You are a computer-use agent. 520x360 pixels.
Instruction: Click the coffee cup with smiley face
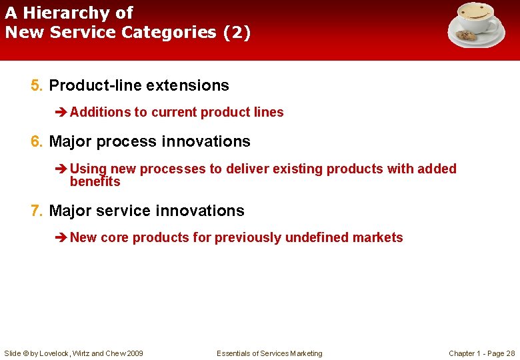click(x=475, y=19)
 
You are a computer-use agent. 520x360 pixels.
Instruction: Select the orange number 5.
click(x=36, y=85)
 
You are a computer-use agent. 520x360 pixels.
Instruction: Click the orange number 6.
click(x=36, y=141)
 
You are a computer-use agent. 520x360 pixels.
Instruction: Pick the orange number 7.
click(x=36, y=211)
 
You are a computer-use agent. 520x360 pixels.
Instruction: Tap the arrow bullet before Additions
click(x=61, y=112)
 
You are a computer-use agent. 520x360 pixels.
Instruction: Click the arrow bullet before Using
click(x=61, y=169)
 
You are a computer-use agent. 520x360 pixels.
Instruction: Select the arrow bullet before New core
click(x=61, y=237)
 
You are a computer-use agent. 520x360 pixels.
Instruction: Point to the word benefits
click(x=95, y=182)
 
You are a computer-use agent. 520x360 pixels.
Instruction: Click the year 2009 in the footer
click(x=133, y=353)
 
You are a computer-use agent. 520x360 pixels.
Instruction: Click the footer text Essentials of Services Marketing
click(x=269, y=353)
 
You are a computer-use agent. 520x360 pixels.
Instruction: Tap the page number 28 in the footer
click(x=510, y=353)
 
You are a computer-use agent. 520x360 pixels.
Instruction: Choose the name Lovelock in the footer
click(x=56, y=353)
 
